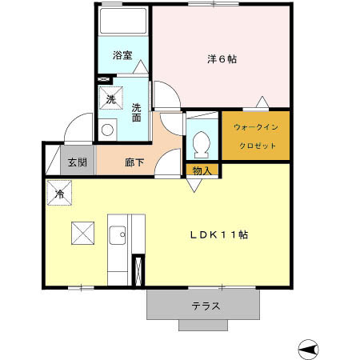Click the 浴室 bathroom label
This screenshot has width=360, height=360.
122,57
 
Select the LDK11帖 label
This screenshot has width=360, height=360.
218,235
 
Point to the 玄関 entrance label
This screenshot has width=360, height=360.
77,162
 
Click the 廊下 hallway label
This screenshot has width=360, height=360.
134,162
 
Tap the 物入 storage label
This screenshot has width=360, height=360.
202,170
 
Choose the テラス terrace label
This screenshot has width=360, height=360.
206,306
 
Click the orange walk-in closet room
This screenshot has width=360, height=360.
254,136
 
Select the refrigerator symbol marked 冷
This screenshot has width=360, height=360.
59,193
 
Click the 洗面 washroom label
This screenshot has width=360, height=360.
138,112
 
